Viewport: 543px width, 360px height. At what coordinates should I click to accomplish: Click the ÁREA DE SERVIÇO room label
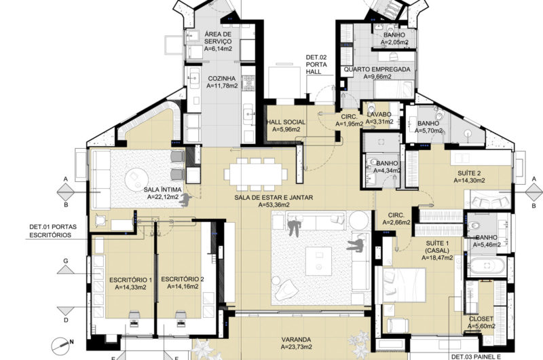(x=218, y=38)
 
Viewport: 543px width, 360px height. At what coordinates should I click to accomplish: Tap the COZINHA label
(x=222, y=79)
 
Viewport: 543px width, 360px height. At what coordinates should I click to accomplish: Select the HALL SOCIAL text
(x=286, y=122)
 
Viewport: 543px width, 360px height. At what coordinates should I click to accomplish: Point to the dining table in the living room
(x=256, y=175)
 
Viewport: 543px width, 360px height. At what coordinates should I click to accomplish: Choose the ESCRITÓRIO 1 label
(x=130, y=280)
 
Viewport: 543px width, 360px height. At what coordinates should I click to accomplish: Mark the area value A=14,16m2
(x=183, y=287)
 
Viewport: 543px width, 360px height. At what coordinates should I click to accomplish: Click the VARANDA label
(x=296, y=340)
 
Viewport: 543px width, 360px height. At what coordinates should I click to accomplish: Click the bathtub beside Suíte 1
(x=487, y=266)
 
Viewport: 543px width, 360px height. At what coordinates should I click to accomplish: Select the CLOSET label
(x=481, y=319)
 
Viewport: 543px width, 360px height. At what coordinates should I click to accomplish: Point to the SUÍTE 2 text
(x=469, y=173)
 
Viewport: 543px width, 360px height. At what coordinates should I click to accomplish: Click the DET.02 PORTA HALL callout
(x=316, y=65)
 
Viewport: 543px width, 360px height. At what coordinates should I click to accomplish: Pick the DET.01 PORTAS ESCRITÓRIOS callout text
(x=53, y=231)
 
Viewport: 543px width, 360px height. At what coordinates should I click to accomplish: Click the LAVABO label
(x=379, y=114)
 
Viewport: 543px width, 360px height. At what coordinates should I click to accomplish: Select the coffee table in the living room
(x=318, y=261)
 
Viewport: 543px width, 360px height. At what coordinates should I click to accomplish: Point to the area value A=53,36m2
(x=274, y=204)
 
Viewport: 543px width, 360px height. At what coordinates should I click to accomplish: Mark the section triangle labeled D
(x=66, y=311)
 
